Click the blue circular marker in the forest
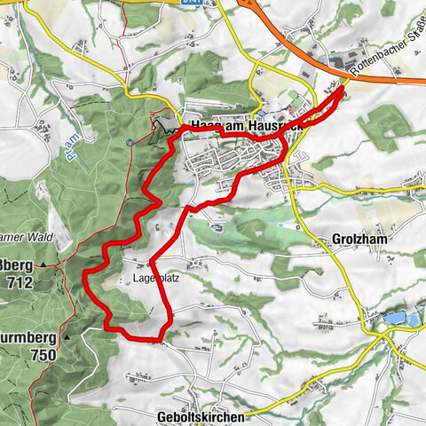point(129,143)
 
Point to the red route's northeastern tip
point(343,88)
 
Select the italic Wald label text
point(41,237)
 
